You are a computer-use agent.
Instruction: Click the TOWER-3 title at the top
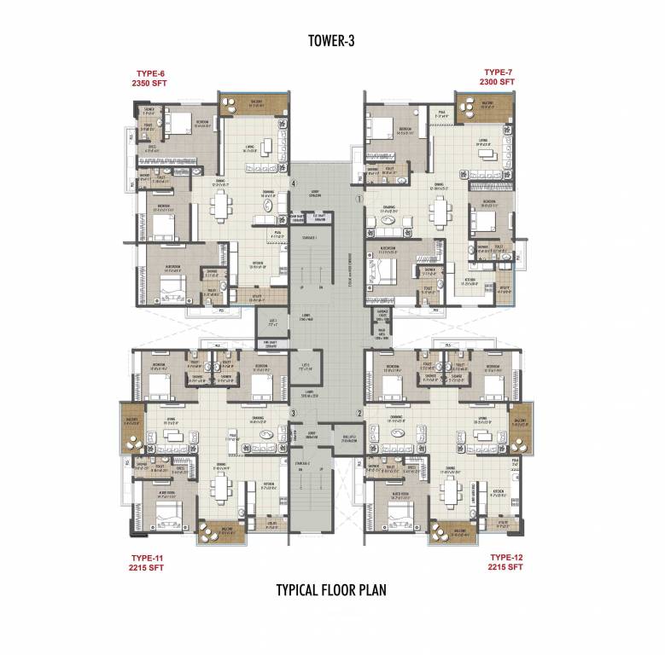[331, 39]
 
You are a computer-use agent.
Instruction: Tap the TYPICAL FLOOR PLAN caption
[332, 589]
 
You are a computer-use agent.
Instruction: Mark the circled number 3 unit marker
[293, 414]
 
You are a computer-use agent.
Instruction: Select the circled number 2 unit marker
[359, 414]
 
